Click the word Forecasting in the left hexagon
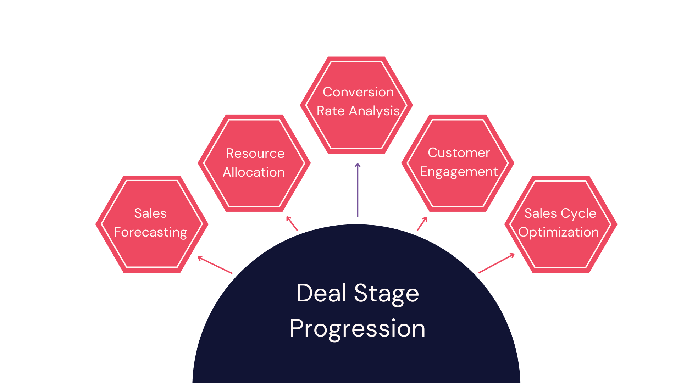tap(150, 233)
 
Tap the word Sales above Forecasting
tap(150, 213)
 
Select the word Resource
tap(255, 154)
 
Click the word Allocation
tap(254, 172)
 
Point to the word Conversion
tap(358, 92)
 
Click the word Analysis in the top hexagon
tap(375, 111)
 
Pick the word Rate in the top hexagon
tap(331, 111)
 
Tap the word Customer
tap(459, 153)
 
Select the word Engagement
tap(459, 172)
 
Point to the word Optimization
tap(559, 233)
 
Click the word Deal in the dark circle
tap(321, 293)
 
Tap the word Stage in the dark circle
tap(387, 294)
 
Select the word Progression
tap(358, 329)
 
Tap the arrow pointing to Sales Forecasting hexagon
tap(215, 265)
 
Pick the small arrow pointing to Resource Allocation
tap(292, 223)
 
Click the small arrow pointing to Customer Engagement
tap(422, 224)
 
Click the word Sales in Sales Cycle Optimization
tap(541, 213)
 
